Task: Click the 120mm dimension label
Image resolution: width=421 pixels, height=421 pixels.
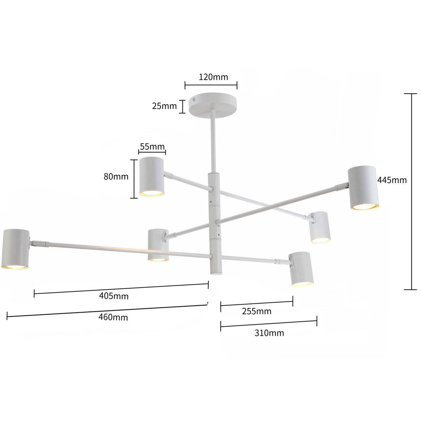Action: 213,77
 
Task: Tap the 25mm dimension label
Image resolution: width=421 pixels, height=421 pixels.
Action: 164,106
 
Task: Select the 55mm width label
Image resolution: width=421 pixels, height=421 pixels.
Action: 152,147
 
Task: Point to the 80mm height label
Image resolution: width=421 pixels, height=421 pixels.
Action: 116,176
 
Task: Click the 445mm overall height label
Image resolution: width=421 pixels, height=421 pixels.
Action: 392,180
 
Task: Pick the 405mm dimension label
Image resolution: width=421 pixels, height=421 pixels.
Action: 114,296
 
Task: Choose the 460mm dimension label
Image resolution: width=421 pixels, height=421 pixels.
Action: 113,317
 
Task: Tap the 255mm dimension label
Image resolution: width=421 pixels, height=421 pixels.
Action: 256,311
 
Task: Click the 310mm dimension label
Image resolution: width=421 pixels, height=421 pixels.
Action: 269,333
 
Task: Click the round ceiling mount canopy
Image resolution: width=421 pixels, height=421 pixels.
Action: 213,105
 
